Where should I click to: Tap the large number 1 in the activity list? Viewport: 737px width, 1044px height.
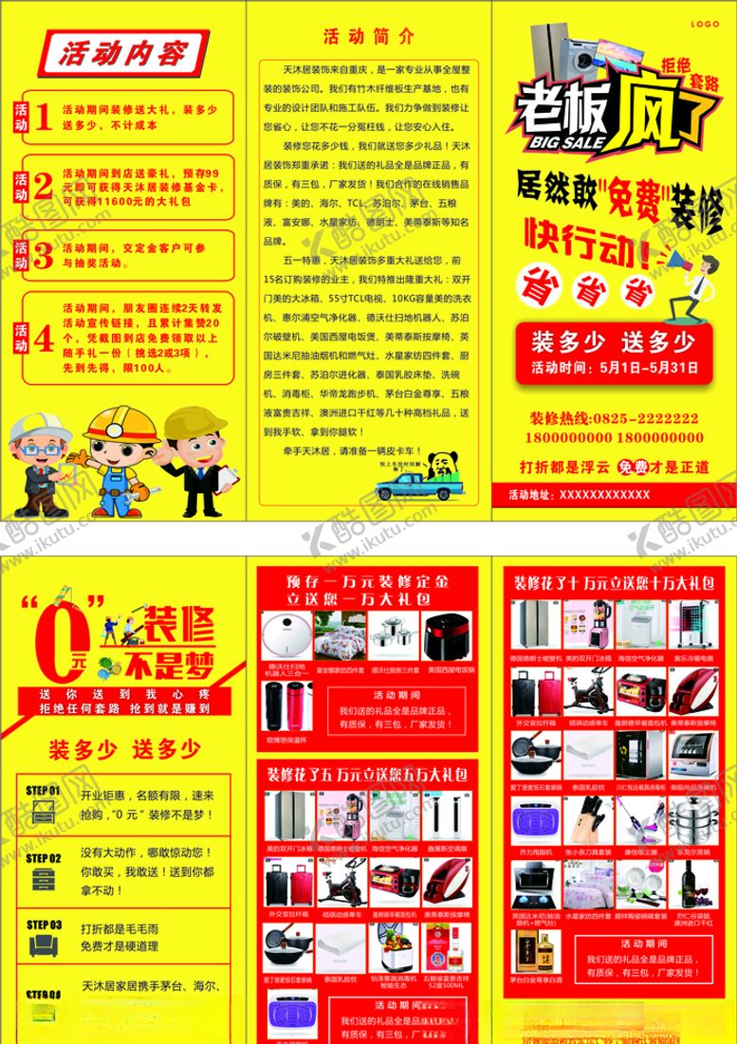43,116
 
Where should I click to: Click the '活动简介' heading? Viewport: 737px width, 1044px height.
368,37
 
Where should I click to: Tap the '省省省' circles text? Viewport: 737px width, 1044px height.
584,288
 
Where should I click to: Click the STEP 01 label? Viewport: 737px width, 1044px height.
44,790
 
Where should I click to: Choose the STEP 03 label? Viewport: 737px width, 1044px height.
44,925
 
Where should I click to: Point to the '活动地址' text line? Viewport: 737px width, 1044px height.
580,494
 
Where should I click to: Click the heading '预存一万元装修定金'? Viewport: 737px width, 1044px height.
370,580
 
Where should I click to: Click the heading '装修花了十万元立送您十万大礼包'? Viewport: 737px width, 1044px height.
613,582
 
